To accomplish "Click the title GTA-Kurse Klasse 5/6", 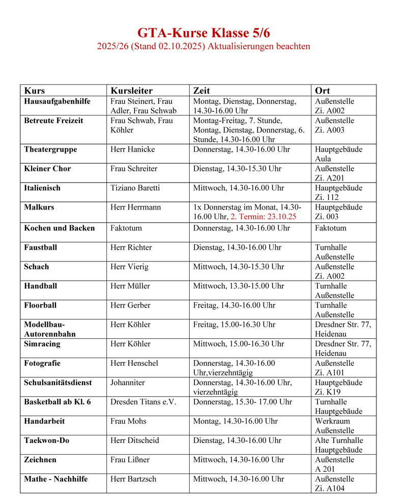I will tap(203, 33).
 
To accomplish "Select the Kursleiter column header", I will tap(131, 91).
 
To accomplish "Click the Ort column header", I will tap(323, 91).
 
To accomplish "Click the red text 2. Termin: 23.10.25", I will tap(263, 217).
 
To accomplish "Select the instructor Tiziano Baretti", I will tap(135, 188).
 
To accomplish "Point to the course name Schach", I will tap(37, 267).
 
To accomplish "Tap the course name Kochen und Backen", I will tap(60, 228).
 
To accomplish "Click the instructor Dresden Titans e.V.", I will tap(143, 402).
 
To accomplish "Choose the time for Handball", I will tap(239, 286).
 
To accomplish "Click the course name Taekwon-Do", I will tap(47, 440).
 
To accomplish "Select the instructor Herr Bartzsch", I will tap(133, 479).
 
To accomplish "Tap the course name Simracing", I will tap(42, 344).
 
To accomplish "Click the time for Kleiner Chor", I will tap(237, 169).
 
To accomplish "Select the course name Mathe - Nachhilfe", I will tap(56, 479).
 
